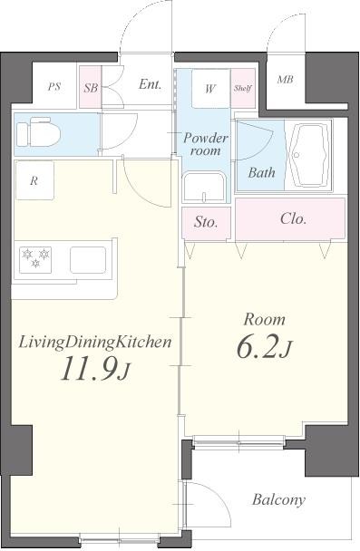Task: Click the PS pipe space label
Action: tap(54, 86)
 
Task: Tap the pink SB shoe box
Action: tap(91, 87)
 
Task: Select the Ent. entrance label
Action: tap(151, 84)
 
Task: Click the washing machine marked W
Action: tap(210, 89)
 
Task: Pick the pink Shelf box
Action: tap(243, 88)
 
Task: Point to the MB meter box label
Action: tap(285, 80)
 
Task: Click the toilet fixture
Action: tap(39, 133)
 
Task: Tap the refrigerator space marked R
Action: tap(34, 180)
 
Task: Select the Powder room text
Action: tap(206, 144)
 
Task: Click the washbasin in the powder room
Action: tap(204, 187)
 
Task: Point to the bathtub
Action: tap(309, 155)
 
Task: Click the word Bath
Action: tap(261, 172)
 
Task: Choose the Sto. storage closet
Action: tap(207, 224)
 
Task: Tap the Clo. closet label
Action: tap(293, 219)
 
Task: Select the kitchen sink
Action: tap(88, 260)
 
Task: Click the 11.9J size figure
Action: tap(95, 369)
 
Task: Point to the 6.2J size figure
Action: tap(265, 347)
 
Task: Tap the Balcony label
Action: tap(278, 499)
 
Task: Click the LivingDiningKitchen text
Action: tap(95, 342)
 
